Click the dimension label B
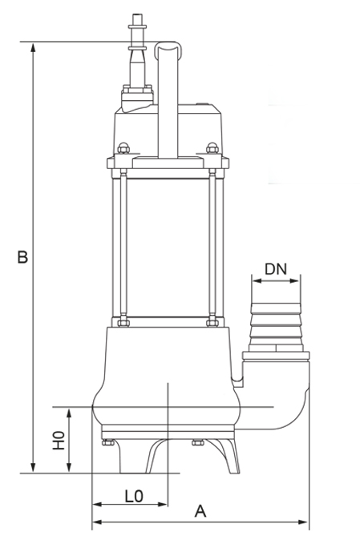point(22,257)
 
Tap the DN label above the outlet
point(275,270)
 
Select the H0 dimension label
point(58,441)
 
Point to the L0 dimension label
point(133,497)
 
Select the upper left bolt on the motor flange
point(123,147)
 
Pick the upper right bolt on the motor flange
point(212,147)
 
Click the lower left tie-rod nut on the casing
point(123,323)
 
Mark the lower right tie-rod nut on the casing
point(212,323)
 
